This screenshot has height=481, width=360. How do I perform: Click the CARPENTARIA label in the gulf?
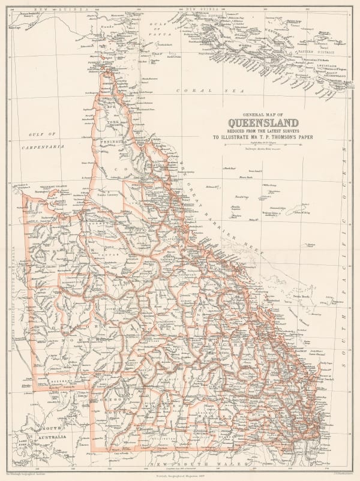pos(42,146)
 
